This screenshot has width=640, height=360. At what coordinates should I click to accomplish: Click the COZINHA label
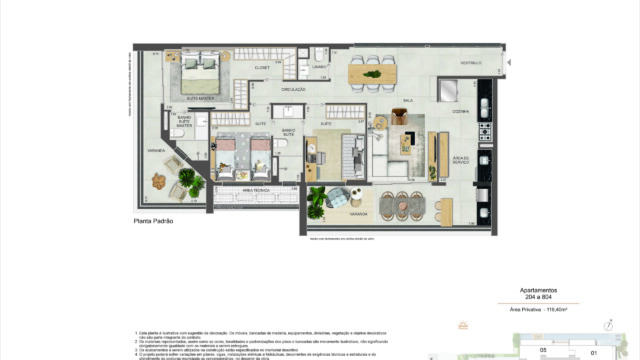point(461,111)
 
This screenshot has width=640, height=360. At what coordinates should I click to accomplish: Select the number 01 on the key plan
point(593,351)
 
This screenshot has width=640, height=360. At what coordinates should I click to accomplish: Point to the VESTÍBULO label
point(470,63)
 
